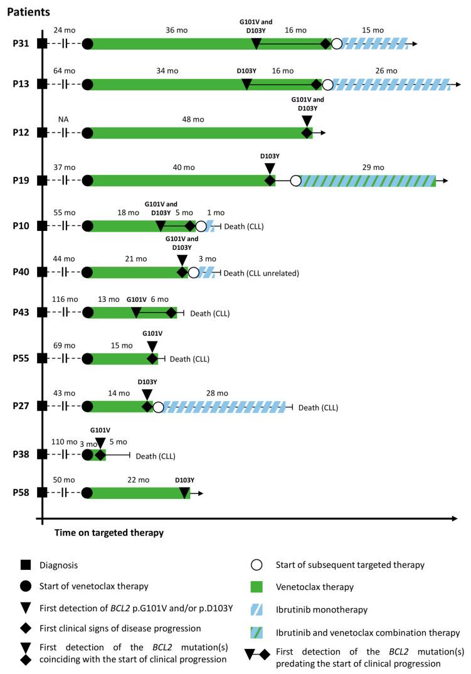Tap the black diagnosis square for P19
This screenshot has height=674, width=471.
click(42, 181)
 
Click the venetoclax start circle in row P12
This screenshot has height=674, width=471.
click(88, 133)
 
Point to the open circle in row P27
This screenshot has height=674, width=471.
click(158, 407)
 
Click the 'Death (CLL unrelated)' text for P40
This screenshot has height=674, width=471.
click(262, 273)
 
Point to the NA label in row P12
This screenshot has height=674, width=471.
click(63, 119)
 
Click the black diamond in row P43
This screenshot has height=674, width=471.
click(171, 313)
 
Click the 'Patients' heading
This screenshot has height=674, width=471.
click(29, 12)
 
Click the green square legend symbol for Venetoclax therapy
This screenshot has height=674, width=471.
click(257, 587)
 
